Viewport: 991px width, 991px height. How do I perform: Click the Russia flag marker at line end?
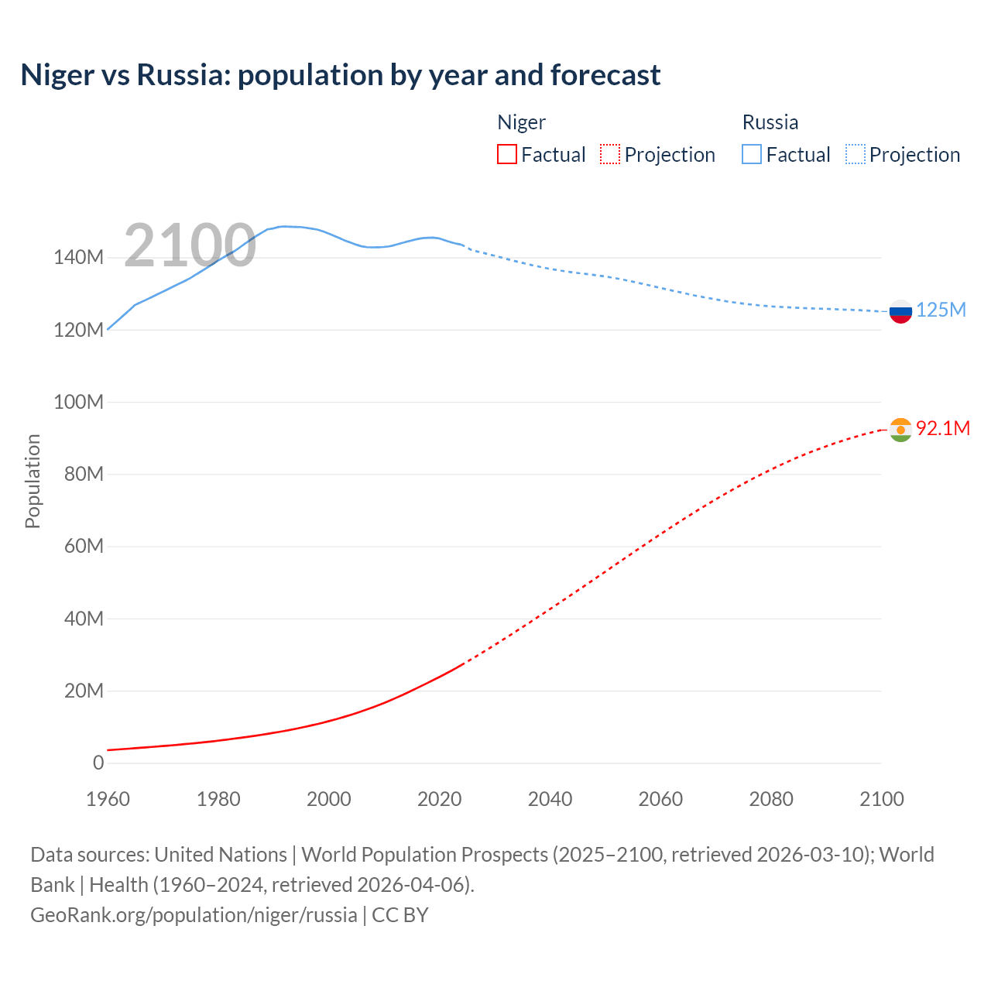900,312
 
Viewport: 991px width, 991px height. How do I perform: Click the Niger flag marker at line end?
900,430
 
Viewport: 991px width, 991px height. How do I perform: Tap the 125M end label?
941,310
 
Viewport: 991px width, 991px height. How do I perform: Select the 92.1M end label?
942,428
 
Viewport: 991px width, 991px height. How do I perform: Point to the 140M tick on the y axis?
78,258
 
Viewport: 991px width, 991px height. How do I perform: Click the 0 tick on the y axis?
98,763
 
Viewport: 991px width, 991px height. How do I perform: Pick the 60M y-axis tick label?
84,547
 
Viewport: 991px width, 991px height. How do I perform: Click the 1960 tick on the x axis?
108,799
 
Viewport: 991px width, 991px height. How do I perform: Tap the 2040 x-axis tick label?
550,799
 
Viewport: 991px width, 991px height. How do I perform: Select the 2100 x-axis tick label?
881,799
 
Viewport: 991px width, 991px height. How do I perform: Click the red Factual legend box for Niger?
507,154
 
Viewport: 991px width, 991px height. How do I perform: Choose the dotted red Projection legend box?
610,154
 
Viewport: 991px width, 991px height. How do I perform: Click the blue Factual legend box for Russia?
752,154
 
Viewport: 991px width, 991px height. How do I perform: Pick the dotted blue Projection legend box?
855,154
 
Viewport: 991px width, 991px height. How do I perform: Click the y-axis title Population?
33,481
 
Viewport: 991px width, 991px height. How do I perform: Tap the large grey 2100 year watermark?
190,245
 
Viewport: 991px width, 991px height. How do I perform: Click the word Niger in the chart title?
56,75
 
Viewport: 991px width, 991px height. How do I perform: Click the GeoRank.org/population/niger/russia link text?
194,915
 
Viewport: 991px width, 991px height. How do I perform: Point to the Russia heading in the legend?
770,122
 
